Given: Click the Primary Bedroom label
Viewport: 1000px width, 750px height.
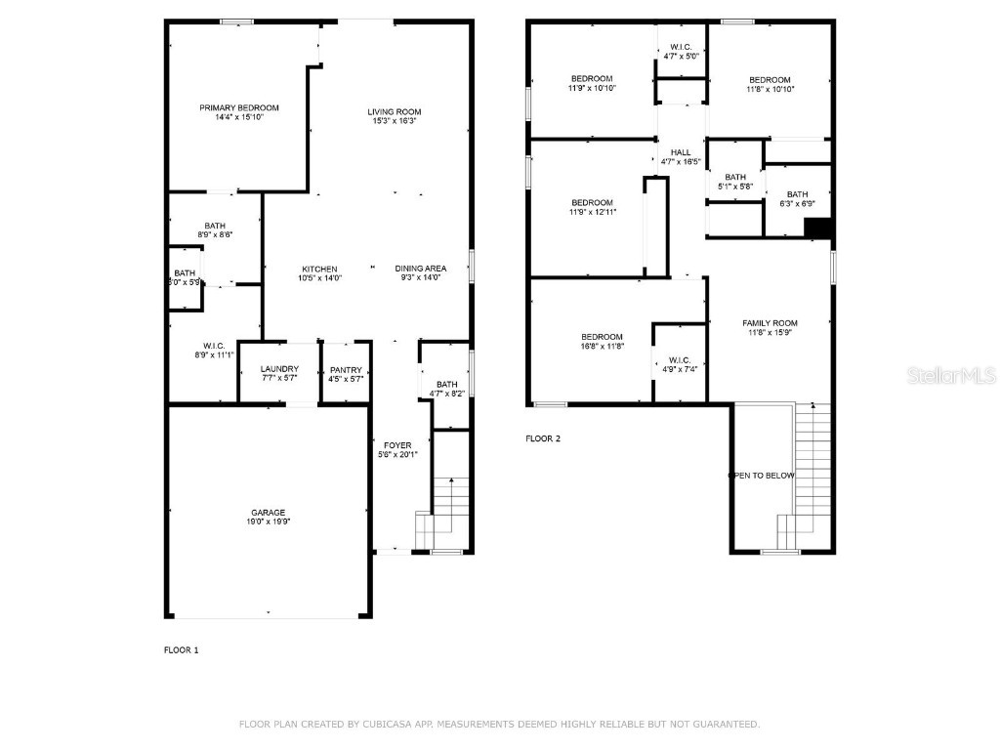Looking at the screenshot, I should (x=239, y=107).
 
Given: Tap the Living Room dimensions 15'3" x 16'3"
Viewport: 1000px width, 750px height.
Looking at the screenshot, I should (x=395, y=121).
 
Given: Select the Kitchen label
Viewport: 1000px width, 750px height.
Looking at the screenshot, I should (x=319, y=269).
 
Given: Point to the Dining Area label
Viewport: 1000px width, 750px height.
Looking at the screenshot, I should (x=421, y=269).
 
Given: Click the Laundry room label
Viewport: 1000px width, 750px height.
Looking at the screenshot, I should (x=279, y=369).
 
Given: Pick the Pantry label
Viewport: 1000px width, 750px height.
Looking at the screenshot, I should (x=346, y=370).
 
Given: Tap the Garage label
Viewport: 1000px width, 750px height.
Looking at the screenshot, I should (x=269, y=513).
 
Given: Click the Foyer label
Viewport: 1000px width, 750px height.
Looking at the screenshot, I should (x=397, y=445).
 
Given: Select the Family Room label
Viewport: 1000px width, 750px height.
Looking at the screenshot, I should (x=770, y=323).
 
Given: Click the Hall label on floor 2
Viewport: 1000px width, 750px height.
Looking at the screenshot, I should (x=681, y=152).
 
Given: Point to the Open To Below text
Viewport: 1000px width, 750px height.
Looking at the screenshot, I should (x=763, y=476).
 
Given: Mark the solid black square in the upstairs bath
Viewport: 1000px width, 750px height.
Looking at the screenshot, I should (x=816, y=228).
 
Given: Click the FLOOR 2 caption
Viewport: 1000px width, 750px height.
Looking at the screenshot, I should (x=543, y=438).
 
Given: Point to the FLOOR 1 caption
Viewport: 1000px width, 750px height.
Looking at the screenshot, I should (x=181, y=649).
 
